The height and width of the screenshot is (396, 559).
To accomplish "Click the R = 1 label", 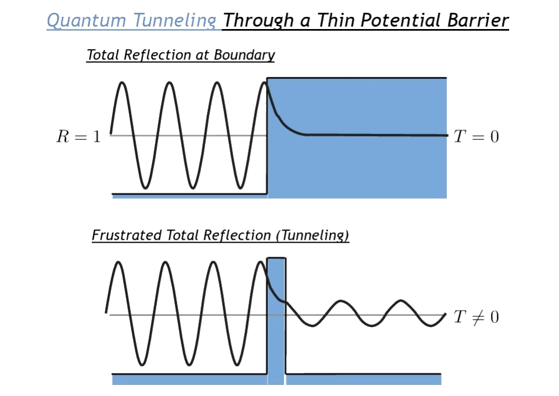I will [x=78, y=137].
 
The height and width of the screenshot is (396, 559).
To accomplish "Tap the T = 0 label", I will [x=476, y=137].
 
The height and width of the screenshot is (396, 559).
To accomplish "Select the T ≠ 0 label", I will [x=476, y=318].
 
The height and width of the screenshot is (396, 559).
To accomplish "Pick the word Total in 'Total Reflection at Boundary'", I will [x=101, y=55].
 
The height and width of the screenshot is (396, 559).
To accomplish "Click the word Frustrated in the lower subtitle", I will [x=124, y=236].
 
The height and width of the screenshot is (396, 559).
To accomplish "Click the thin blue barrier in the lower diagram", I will [x=277, y=348].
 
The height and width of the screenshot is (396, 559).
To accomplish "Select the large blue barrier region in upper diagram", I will [x=372, y=168].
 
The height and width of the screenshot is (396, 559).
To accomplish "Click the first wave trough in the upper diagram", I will [x=146, y=187].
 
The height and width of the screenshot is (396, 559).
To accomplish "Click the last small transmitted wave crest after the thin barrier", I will [x=400, y=301].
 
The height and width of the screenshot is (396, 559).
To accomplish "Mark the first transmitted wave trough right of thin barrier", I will [x=312, y=325].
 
